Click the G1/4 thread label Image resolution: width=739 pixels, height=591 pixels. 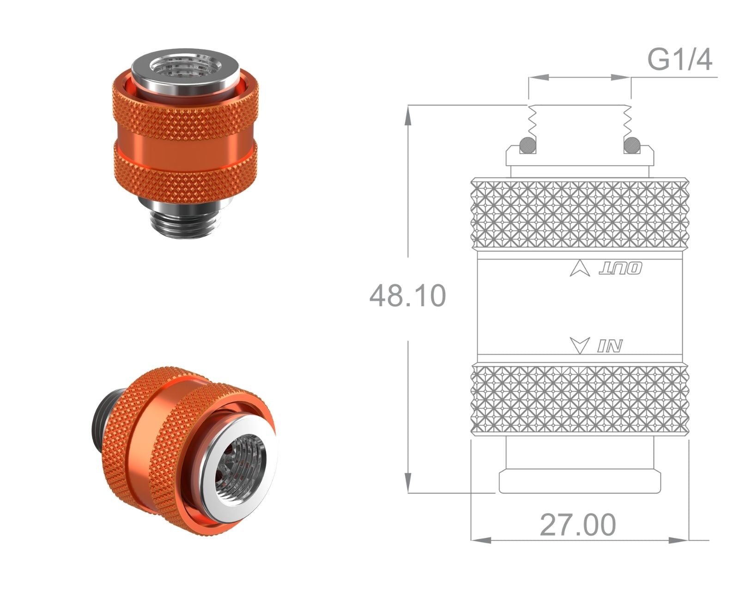pyautogui.click(x=679, y=60)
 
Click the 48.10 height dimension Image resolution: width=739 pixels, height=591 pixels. pyautogui.click(x=408, y=295)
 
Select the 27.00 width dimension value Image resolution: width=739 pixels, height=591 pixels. pyautogui.click(x=578, y=525)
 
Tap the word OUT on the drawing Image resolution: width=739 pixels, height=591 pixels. pyautogui.click(x=620, y=269)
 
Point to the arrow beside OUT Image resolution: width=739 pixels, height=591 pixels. pyautogui.click(x=580, y=269)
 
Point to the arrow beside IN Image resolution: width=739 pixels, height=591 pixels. pyautogui.click(x=580, y=345)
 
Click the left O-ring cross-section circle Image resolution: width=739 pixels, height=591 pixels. pyautogui.click(x=528, y=145)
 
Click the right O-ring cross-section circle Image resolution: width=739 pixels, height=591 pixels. pyautogui.click(x=632, y=145)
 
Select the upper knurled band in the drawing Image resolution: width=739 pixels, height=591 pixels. pyautogui.click(x=580, y=214)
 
